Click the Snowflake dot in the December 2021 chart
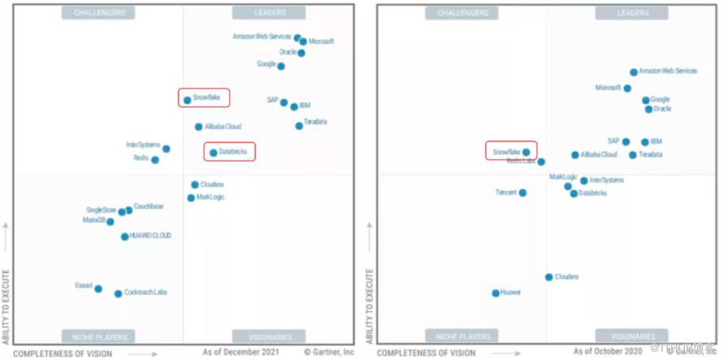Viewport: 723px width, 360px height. click(x=187, y=100)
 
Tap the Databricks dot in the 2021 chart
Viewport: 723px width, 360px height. click(x=213, y=152)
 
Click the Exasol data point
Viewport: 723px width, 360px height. click(x=98, y=288)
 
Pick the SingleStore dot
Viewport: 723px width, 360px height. click(x=122, y=212)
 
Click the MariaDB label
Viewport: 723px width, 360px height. click(x=93, y=220)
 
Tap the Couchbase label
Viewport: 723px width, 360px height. click(x=149, y=206)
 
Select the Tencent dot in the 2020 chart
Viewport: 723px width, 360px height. click(x=522, y=193)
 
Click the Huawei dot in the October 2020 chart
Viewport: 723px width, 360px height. click(x=496, y=293)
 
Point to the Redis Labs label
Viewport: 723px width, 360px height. click(x=521, y=161)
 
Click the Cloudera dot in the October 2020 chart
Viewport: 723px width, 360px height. click(x=549, y=277)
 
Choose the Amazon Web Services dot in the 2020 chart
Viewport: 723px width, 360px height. click(x=634, y=72)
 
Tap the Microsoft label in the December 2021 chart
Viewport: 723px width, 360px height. click(x=321, y=41)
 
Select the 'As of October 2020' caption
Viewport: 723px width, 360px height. click(x=606, y=352)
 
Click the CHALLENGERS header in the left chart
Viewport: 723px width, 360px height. click(x=98, y=13)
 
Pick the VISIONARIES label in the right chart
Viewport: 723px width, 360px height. click(x=634, y=336)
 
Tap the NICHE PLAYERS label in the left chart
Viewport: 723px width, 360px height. click(x=98, y=336)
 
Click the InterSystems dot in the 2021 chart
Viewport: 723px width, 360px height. click(x=167, y=149)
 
